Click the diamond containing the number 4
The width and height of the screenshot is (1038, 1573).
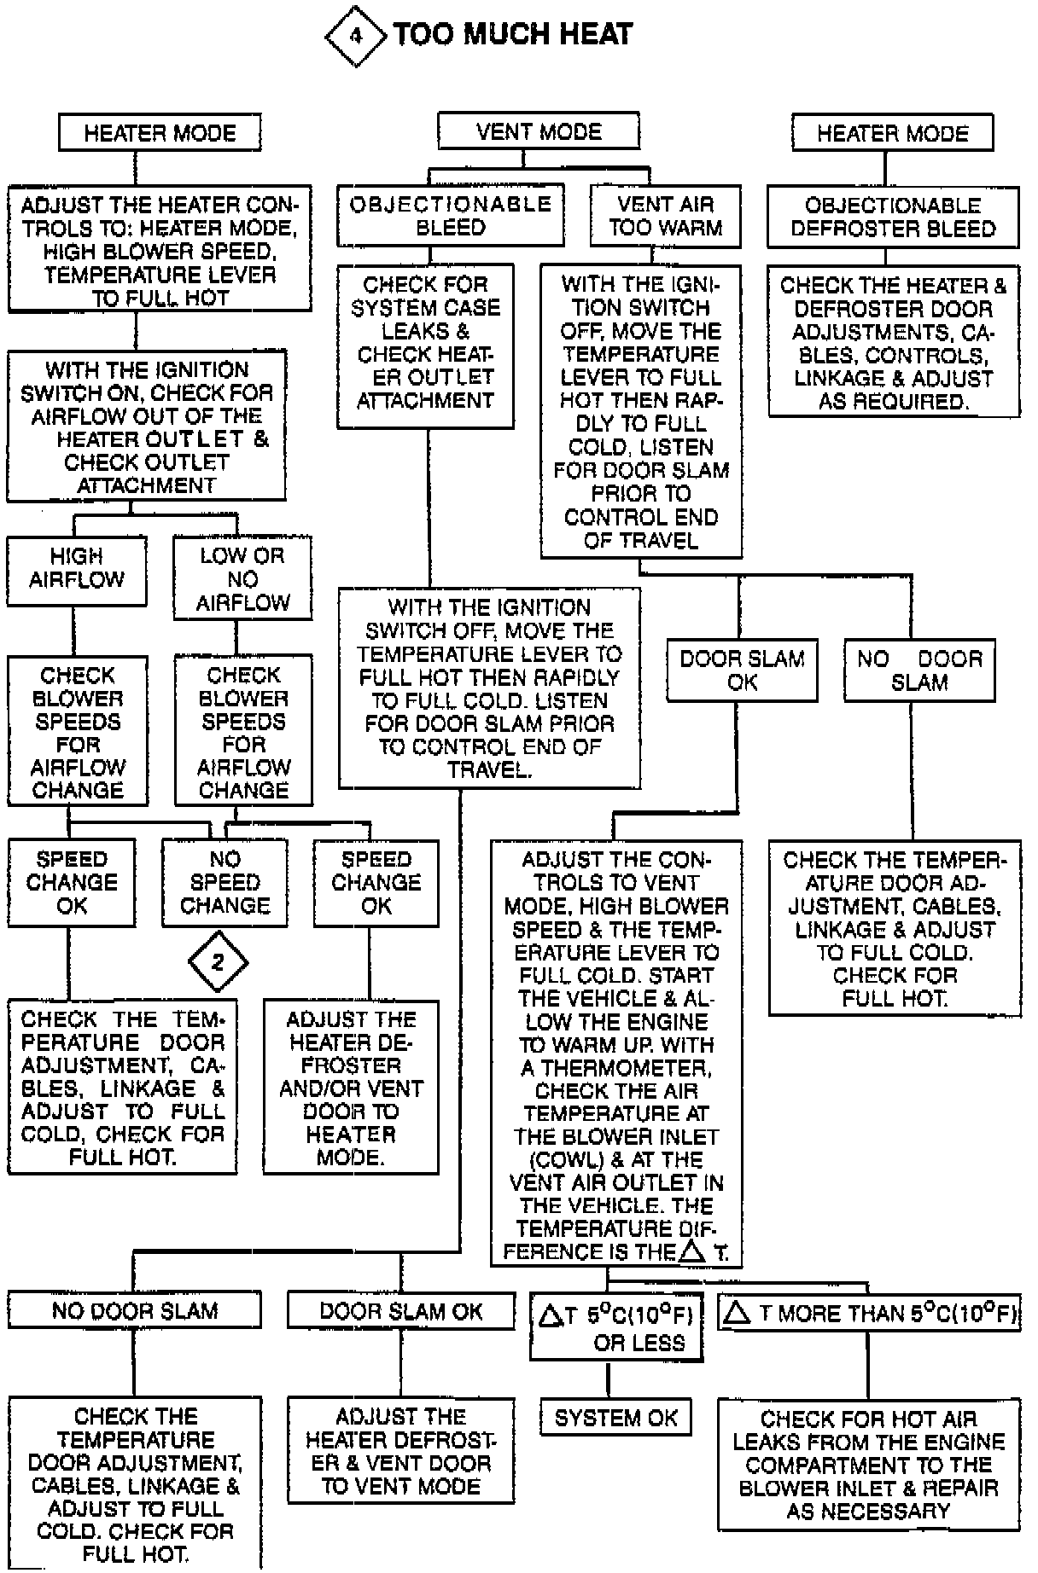pyautogui.click(x=356, y=36)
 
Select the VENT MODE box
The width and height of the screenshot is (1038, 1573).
pyautogui.click(x=538, y=132)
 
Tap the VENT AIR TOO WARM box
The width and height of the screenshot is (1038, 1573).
pyautogui.click(x=666, y=216)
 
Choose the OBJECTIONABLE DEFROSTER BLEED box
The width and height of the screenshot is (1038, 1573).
pyautogui.click(x=893, y=217)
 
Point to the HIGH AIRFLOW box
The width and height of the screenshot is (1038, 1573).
pyautogui.click(x=77, y=570)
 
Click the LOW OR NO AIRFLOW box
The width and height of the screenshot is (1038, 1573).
pyautogui.click(x=242, y=579)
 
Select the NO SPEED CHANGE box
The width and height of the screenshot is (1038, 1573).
pyautogui.click(x=225, y=883)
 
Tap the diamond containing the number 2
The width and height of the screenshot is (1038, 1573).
pyautogui.click(x=218, y=962)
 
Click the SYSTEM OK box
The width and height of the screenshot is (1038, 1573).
pyautogui.click(x=615, y=1418)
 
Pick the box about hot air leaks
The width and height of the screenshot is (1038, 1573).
pyautogui.click(x=868, y=1464)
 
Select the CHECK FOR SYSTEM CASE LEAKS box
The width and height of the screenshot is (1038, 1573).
pyautogui.click(x=425, y=343)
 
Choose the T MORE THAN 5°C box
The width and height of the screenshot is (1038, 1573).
pyautogui.click(x=869, y=1313)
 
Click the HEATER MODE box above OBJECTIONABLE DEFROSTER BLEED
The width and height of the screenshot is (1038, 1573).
pyautogui.click(x=893, y=133)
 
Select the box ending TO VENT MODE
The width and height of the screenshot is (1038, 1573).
pyautogui.click(x=400, y=1451)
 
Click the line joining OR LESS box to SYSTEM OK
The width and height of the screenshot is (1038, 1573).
pyautogui.click(x=608, y=1379)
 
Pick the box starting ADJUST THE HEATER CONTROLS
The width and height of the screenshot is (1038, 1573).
pyautogui.click(x=160, y=251)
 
